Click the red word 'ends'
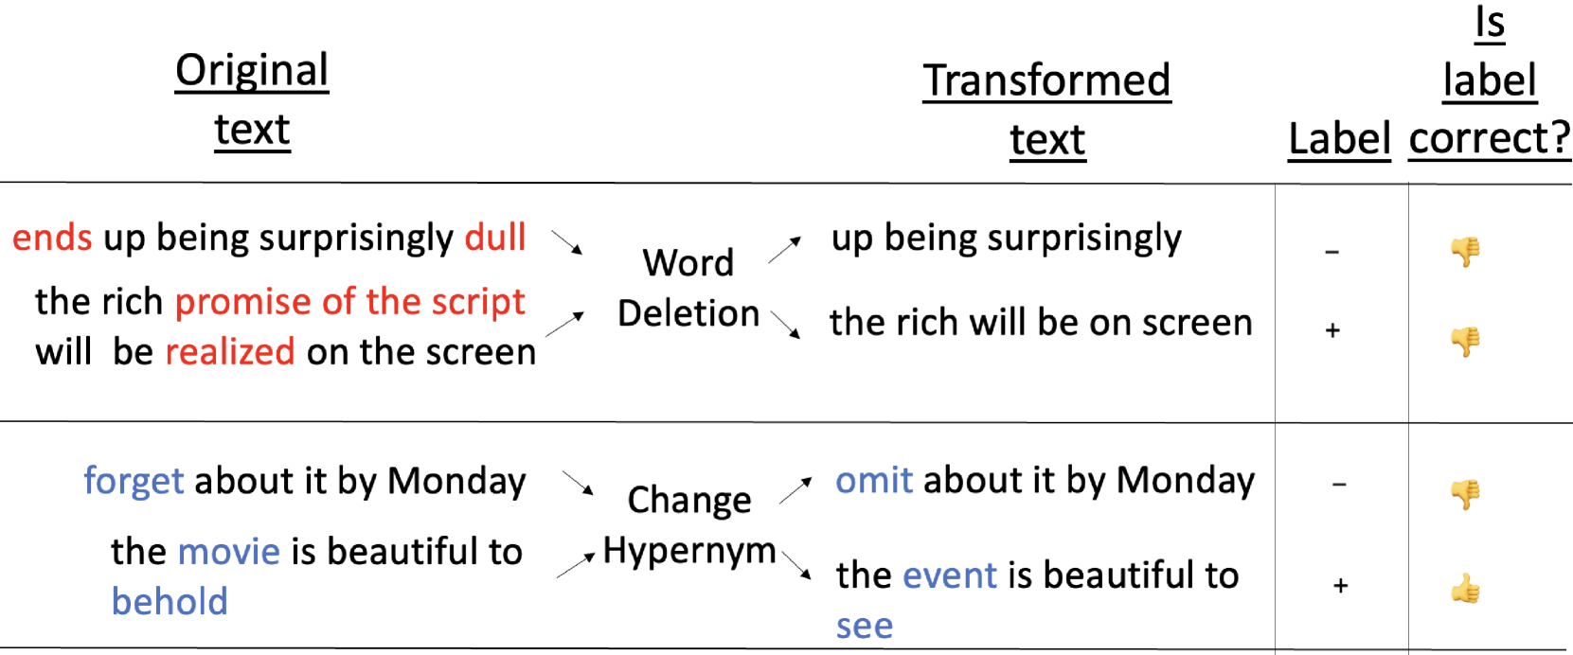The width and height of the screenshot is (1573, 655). (x=52, y=238)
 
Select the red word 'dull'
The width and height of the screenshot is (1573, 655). (x=495, y=237)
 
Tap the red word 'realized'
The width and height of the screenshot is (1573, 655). (x=229, y=352)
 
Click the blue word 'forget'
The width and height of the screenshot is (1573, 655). (x=134, y=482)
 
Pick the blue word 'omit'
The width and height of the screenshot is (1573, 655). (x=874, y=481)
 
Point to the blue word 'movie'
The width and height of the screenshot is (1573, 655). (x=229, y=552)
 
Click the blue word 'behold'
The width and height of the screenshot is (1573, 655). (x=170, y=602)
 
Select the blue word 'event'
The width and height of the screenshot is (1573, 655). (x=950, y=575)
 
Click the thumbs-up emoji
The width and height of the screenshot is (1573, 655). (x=1466, y=589)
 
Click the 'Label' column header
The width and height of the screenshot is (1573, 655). (x=1339, y=138)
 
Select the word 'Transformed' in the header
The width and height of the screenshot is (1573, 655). (x=1046, y=80)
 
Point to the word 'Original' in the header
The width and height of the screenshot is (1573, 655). (x=252, y=71)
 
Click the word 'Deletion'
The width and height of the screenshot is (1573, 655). (x=688, y=313)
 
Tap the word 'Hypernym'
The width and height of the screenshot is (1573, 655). (x=688, y=552)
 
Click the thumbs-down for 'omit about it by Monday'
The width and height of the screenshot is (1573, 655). (x=1466, y=494)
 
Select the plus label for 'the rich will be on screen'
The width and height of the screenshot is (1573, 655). (x=1332, y=330)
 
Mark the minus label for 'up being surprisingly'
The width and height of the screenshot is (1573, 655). (x=1332, y=252)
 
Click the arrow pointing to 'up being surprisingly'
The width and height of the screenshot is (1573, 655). (x=784, y=250)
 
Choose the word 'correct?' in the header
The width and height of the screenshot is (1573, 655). (x=1490, y=137)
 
